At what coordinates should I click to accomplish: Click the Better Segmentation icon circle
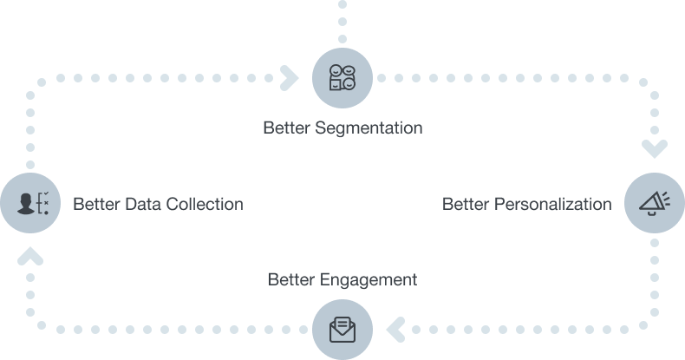click(x=342, y=78)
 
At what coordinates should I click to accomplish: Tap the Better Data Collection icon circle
click(x=29, y=203)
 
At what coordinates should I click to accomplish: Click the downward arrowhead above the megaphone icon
click(x=654, y=150)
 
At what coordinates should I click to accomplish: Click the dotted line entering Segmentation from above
click(x=342, y=22)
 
